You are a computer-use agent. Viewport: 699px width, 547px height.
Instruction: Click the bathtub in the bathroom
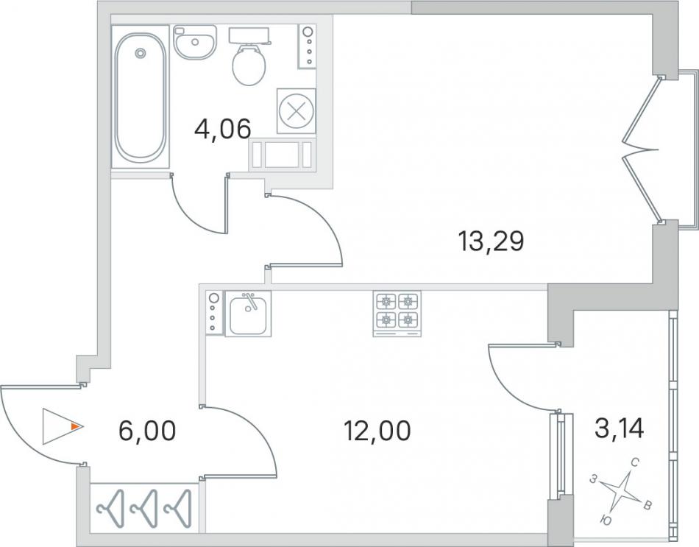tap(141, 97)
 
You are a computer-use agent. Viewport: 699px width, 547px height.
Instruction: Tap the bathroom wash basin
tap(195, 42)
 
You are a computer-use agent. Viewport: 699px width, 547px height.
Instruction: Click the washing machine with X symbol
tap(296, 110)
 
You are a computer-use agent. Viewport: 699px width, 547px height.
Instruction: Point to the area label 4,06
tap(223, 129)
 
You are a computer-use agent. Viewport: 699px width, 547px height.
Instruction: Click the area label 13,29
tap(491, 241)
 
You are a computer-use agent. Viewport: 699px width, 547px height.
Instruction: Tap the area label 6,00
tap(148, 431)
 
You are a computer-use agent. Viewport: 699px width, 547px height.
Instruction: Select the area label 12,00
tap(377, 431)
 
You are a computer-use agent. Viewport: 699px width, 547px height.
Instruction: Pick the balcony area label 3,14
tap(620, 428)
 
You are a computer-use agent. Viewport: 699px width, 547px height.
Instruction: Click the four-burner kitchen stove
tap(397, 314)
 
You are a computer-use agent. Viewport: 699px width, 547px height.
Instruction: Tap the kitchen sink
tap(248, 314)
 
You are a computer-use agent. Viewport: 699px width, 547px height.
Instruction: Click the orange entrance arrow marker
tap(77, 427)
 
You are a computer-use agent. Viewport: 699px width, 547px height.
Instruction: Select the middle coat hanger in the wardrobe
tap(144, 508)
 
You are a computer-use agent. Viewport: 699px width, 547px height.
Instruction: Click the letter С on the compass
tap(635, 464)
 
